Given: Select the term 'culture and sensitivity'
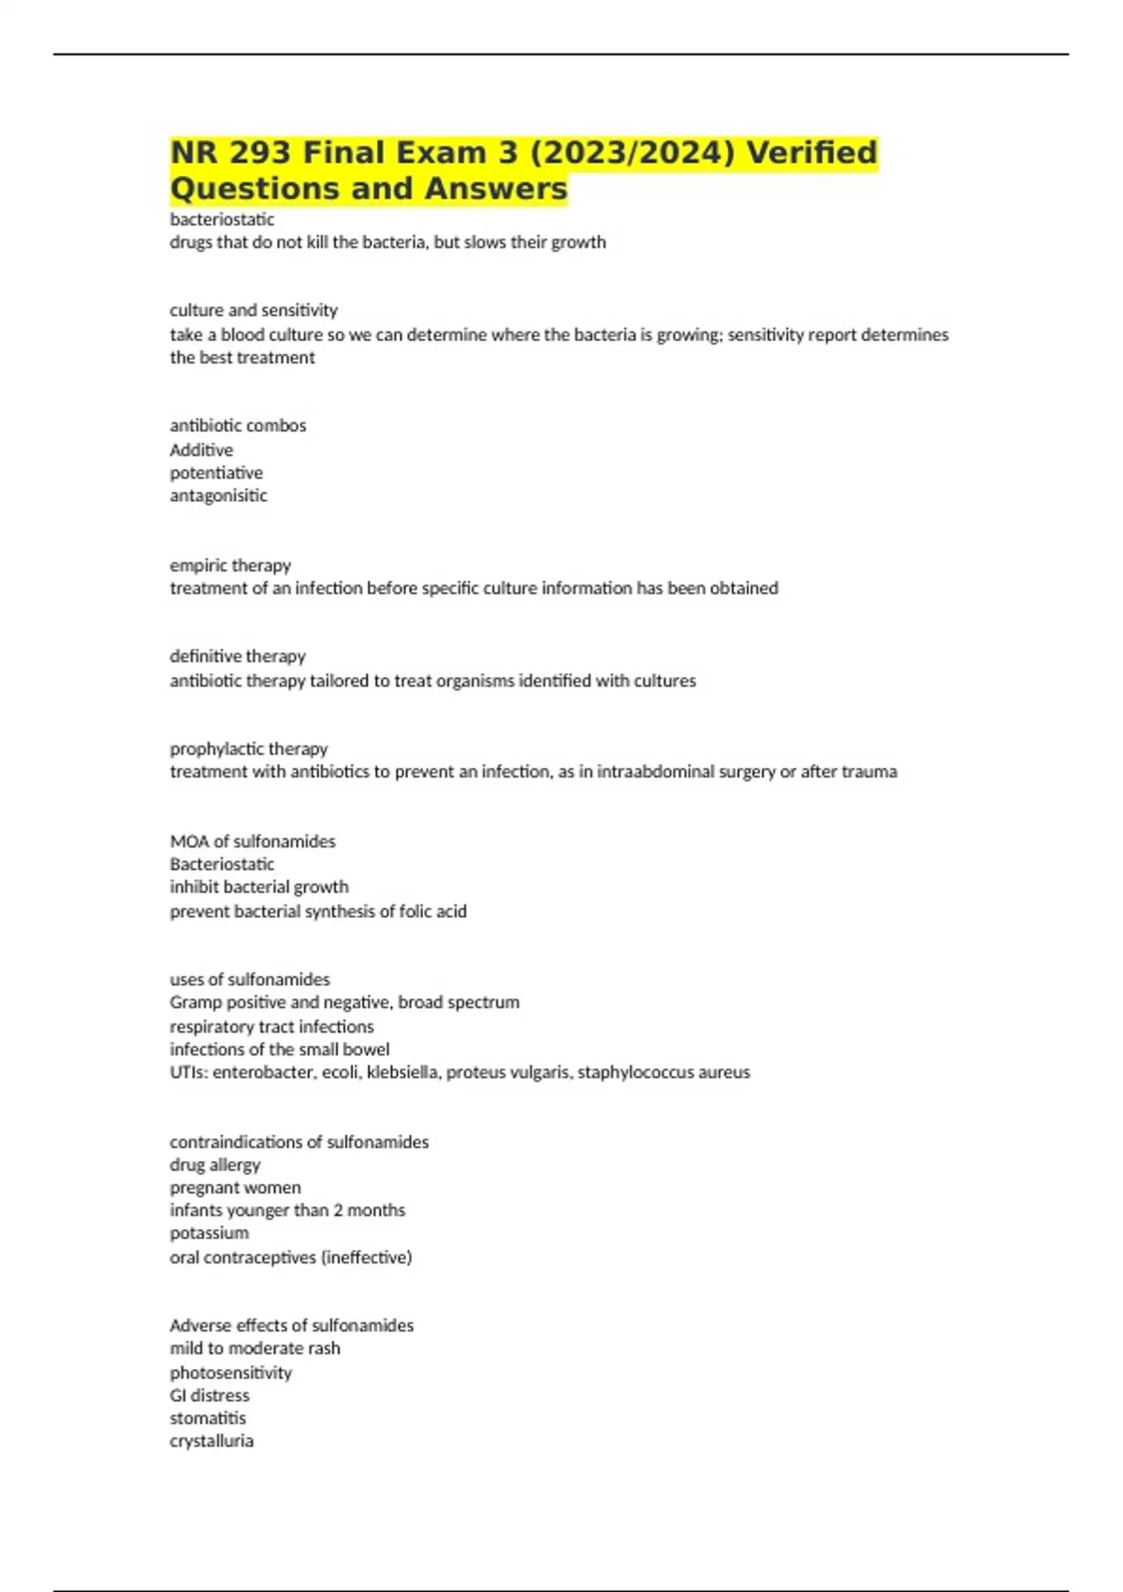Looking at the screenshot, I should [x=254, y=310].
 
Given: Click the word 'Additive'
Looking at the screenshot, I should [x=201, y=450].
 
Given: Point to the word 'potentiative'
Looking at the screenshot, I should [x=216, y=473].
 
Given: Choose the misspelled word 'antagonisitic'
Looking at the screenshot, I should [x=218, y=495].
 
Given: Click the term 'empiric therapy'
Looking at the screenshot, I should [x=230, y=566].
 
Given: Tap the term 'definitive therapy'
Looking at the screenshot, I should [x=238, y=656].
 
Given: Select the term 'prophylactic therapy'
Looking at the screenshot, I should [x=249, y=749].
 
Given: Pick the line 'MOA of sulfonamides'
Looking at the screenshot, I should [x=253, y=841].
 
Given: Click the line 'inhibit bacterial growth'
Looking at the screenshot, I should [x=259, y=887].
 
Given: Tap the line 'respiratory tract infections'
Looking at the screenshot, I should [x=271, y=1026].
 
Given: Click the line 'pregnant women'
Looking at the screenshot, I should [x=235, y=1187].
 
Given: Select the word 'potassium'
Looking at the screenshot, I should [x=209, y=1233].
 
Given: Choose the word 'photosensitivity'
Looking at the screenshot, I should [x=231, y=1373].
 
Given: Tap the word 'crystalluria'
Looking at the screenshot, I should [x=211, y=1441].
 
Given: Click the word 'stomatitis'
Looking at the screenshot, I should [x=208, y=1418].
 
